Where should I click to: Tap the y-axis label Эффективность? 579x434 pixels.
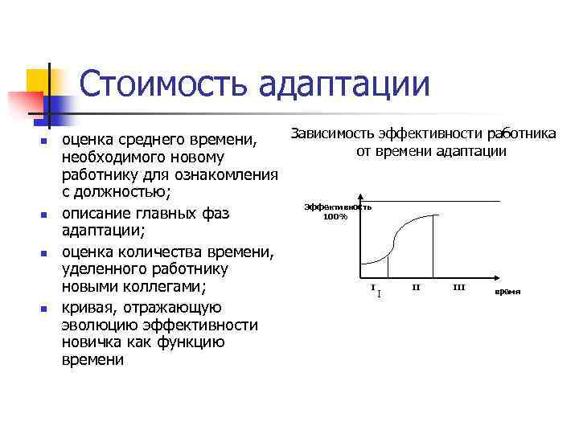coord(338,207)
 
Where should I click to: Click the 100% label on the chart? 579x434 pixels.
coord(335,215)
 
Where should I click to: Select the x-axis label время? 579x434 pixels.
coord(507,291)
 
